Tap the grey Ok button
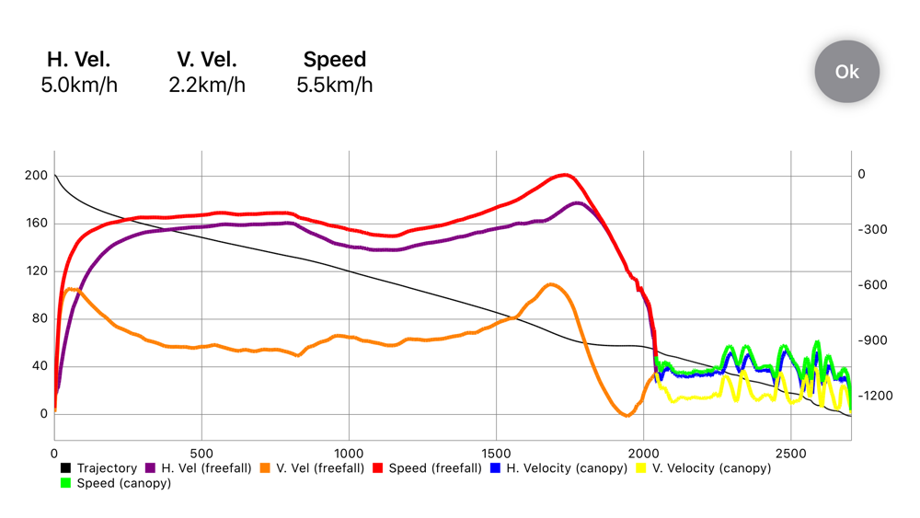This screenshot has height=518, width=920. coord(846,72)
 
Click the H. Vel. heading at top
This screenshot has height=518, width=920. coord(78,59)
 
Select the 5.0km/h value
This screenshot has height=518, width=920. coord(79,86)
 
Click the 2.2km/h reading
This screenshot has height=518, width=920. coord(207,86)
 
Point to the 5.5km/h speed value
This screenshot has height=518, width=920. coord(335,86)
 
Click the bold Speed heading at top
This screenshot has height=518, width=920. coord(335,59)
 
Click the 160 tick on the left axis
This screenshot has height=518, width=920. coord(37,223)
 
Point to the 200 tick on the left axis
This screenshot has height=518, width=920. coord(37,176)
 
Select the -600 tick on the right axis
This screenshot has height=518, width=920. coord(872,285)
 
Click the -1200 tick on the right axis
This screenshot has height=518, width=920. coord(876,396)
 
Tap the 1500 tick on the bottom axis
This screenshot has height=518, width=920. coord(497,454)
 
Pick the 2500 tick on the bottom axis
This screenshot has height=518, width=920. coord(791,454)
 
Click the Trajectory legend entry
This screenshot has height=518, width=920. coord(99,468)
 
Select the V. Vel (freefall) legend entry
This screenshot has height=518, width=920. coord(313,468)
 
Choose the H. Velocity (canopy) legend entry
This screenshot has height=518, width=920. coord(559,468)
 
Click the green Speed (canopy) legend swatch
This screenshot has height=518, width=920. coord(65,483)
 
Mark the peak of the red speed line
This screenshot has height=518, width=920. coord(565,175)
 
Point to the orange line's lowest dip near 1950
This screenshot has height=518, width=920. coord(627,415)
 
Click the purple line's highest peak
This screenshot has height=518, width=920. coord(578,203)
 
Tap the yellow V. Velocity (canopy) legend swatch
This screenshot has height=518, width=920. coord(641,468)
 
